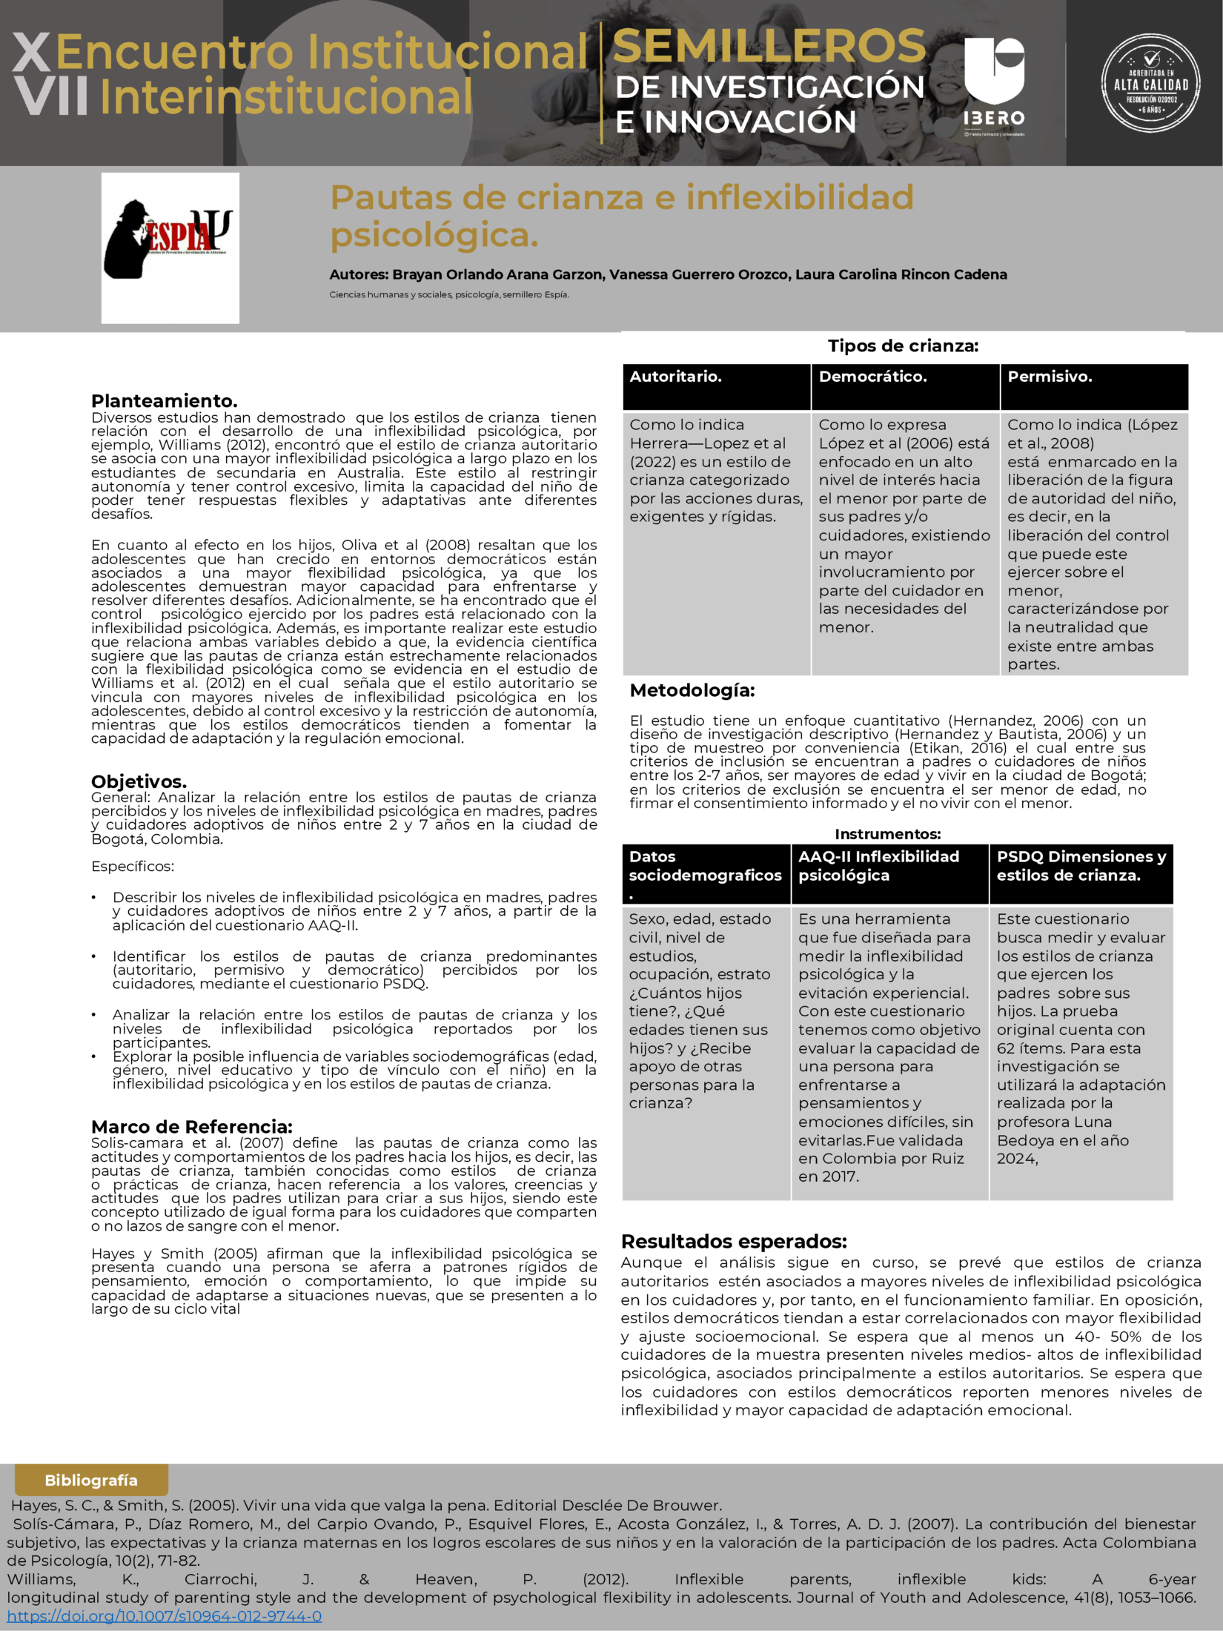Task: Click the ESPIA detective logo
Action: click(x=170, y=247)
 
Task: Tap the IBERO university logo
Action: click(x=993, y=82)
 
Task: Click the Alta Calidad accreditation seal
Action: click(x=1150, y=83)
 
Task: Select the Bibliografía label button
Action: click(x=91, y=1480)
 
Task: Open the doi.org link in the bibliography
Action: click(x=165, y=1615)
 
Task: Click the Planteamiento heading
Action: click(x=165, y=401)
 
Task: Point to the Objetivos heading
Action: click(x=139, y=781)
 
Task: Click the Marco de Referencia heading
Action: click(x=192, y=1127)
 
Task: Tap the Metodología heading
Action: click(x=692, y=690)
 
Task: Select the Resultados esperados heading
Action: click(x=734, y=1241)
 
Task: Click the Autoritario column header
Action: click(x=716, y=386)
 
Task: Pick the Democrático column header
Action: click(x=905, y=386)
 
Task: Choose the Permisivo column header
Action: click(x=1094, y=386)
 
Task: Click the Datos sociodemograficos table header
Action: click(x=706, y=873)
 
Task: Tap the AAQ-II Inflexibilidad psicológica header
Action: click(x=889, y=873)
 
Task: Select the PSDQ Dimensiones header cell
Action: click(x=1081, y=873)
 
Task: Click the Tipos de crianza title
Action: click(x=903, y=345)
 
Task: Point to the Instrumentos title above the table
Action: click(x=887, y=834)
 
